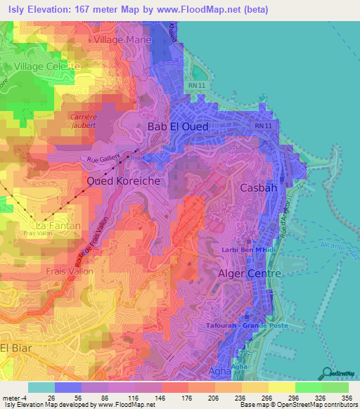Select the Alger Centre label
coord(250,273)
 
